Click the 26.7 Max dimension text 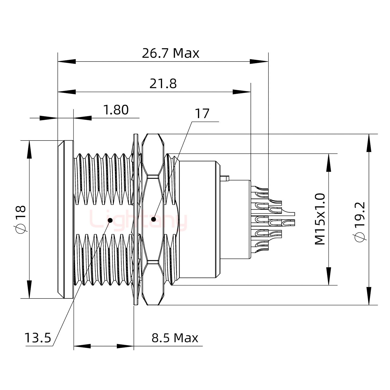170,53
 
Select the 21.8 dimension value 163,84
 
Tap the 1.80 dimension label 116,110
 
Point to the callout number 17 202,114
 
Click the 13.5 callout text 38,338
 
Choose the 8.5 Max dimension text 175,338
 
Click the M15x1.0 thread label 320,219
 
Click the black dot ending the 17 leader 154,219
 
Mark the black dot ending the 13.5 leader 110,220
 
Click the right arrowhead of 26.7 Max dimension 259,62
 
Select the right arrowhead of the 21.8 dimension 242,92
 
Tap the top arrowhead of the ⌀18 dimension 29,149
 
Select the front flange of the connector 66,219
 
